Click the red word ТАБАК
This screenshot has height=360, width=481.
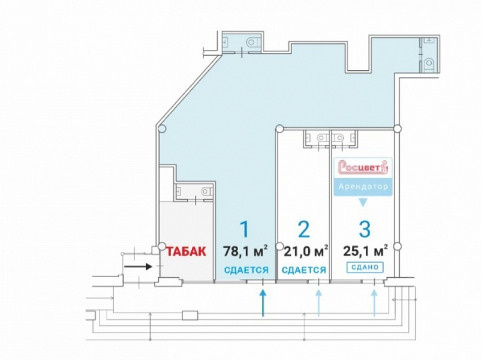[186, 251]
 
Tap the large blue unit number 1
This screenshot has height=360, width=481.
[245, 229]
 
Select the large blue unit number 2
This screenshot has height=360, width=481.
[303, 229]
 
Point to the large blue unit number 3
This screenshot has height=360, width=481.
[365, 229]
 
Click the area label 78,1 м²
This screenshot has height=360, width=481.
[245, 251]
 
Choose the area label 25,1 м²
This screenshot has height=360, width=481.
[365, 251]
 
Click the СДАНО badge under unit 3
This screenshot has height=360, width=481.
[365, 268]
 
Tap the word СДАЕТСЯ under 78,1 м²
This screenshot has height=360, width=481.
[246, 270]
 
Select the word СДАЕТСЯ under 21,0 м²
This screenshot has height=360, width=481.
[303, 270]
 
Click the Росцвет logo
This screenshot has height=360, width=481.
[363, 167]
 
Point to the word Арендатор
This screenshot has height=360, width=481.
[363, 187]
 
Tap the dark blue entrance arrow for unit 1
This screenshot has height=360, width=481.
[263, 303]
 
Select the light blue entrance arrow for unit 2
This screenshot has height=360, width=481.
[318, 303]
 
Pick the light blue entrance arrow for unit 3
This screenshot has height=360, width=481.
[374, 303]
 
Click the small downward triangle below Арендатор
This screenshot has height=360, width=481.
[363, 203]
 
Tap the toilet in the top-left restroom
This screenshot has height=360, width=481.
[254, 41]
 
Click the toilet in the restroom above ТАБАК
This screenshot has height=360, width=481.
[206, 192]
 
